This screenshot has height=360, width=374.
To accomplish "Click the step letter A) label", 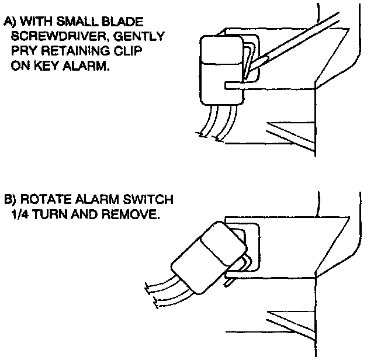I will click(x=11, y=23).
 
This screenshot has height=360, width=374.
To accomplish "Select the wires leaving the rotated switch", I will click(x=164, y=292).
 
